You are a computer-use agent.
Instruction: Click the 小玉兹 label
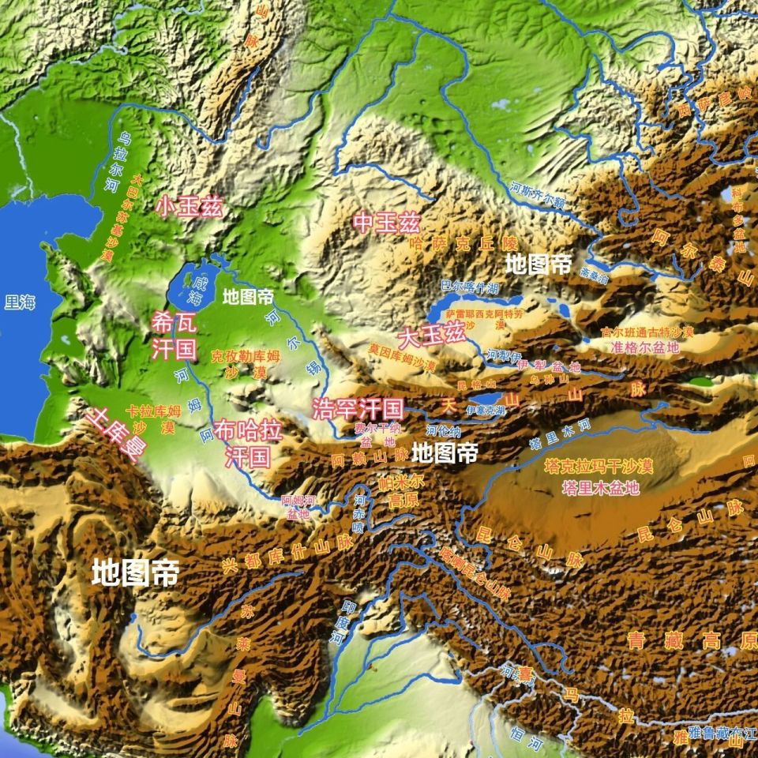click(x=189, y=208)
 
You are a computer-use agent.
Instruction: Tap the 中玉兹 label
click(x=386, y=223)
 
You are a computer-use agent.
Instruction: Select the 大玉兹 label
click(x=431, y=337)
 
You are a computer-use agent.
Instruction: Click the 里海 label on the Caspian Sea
click(x=19, y=301)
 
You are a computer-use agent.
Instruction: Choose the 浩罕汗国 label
click(x=358, y=409)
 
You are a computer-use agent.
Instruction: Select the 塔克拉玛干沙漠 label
click(x=599, y=467)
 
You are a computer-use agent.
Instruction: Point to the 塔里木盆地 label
click(x=601, y=487)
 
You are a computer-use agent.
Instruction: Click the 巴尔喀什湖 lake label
click(x=470, y=287)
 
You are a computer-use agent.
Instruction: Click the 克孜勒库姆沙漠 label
click(x=246, y=364)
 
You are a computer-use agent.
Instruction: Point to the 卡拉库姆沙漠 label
click(x=153, y=418)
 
